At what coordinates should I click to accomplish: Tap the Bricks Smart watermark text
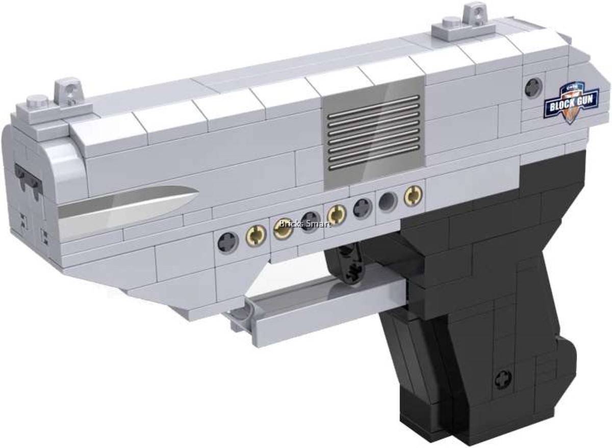305,223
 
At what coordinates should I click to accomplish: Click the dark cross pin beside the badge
533,87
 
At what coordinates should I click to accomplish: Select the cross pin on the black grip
502,379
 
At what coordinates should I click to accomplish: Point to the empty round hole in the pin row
388,201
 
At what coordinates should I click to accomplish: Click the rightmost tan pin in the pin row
412,196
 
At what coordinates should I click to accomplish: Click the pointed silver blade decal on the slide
127,209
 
